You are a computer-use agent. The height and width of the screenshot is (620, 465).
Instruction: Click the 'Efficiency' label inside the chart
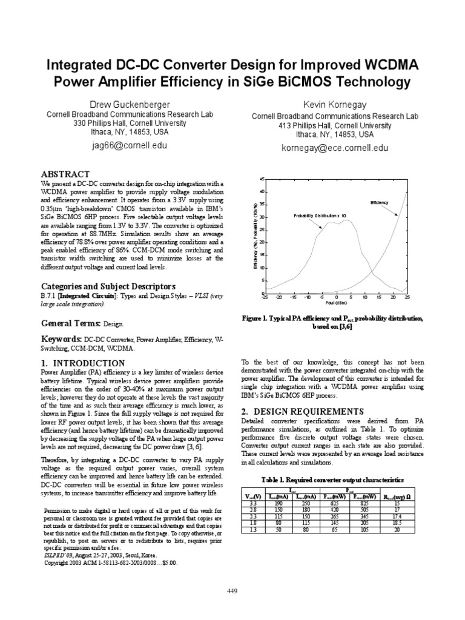tap(380, 203)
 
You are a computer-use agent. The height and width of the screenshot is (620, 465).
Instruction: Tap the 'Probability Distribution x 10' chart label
tap(320, 216)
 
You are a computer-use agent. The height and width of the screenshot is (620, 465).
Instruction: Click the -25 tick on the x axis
tap(265, 298)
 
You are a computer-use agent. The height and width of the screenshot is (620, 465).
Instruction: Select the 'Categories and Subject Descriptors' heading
tap(108, 286)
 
